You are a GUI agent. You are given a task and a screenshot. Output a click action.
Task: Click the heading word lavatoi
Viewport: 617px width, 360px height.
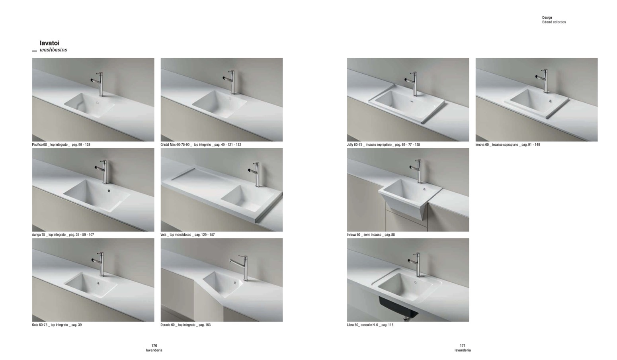[50, 43]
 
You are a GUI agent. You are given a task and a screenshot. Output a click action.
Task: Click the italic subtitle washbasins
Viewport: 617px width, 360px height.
[53, 50]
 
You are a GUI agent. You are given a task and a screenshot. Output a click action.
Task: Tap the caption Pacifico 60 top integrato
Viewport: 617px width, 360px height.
[61, 145]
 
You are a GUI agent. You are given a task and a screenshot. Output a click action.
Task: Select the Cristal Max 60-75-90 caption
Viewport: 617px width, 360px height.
[201, 145]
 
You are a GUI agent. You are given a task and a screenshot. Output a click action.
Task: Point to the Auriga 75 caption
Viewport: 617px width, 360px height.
[63, 235]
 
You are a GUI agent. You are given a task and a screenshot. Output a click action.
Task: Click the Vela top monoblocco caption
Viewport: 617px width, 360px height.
[187, 235]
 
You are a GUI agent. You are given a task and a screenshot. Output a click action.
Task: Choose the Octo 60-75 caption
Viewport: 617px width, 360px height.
[57, 325]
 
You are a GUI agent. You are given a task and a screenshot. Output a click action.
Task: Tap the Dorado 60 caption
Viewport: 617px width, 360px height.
[185, 325]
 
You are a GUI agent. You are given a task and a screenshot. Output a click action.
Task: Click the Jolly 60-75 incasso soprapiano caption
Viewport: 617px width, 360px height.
[383, 145]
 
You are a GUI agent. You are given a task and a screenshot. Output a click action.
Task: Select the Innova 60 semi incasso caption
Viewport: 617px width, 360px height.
[371, 235]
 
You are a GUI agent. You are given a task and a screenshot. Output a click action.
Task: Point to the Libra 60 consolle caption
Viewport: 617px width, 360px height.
[370, 325]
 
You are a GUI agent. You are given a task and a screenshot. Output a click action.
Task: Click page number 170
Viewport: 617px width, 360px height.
[154, 346]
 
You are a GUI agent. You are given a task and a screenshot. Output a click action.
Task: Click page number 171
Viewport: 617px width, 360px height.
[463, 346]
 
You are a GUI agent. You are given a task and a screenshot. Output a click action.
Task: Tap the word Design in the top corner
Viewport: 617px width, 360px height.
[547, 18]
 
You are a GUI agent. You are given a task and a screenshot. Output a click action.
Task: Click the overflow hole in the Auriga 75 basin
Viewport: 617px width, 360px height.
[109, 190]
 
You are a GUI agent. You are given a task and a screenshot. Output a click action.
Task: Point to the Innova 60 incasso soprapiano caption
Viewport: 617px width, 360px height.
[508, 145]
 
